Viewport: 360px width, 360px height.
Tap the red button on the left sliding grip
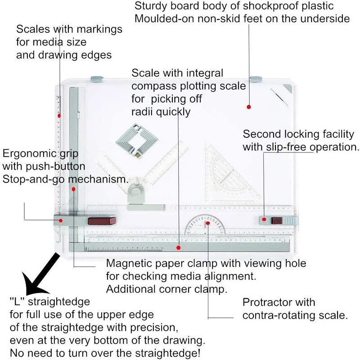(102, 220)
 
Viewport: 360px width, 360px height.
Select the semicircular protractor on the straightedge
(207, 225)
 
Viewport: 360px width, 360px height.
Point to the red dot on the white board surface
(248, 107)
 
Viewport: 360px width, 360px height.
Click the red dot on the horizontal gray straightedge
(179, 247)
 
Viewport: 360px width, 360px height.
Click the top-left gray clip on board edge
(96, 79)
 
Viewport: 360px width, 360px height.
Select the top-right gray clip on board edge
(256, 79)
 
